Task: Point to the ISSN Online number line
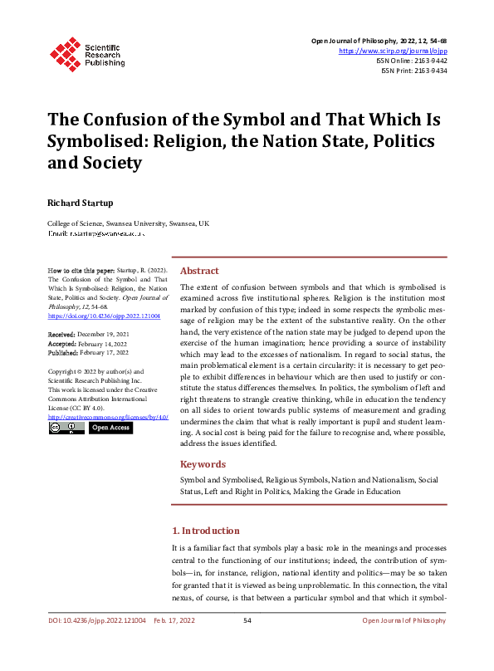412,61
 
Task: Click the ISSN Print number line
413,71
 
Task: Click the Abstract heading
199,271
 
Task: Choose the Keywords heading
203,464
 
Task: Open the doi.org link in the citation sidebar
104,316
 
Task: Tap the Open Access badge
110,428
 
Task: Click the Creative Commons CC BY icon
66,428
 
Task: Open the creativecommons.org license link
108,417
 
